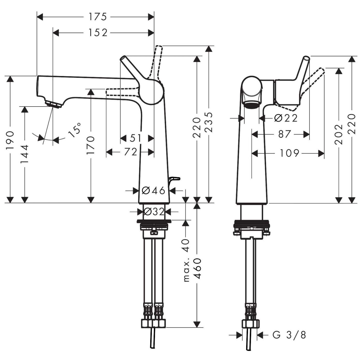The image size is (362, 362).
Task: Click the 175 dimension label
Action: [x=98, y=17]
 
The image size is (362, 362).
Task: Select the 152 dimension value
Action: [x=98, y=33]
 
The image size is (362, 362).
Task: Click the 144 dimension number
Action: [x=25, y=154]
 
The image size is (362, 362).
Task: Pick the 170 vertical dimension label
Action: [x=90, y=146]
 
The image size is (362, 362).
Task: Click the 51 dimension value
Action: [x=135, y=138]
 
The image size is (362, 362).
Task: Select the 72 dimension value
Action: [x=130, y=152]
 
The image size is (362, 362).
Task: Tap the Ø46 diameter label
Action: [x=153, y=191]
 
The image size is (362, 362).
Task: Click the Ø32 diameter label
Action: [x=154, y=212]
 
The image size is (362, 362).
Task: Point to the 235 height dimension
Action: [x=209, y=122]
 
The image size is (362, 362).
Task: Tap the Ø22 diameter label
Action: [x=286, y=118]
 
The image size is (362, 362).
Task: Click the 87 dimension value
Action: [x=284, y=134]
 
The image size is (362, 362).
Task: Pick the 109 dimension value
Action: [x=289, y=153]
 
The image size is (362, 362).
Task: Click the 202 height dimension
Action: [x=338, y=134]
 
